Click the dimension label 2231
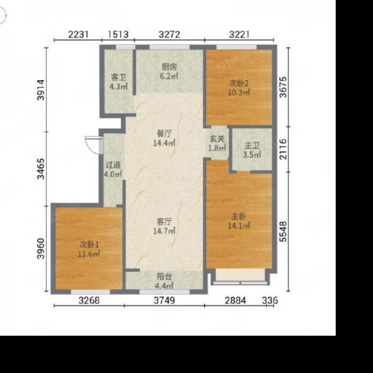[x=78, y=34]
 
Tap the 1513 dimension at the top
[x=118, y=34]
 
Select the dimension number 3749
[x=164, y=300]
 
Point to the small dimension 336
[x=270, y=300]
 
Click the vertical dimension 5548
[x=283, y=231]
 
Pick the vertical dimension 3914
[x=40, y=90]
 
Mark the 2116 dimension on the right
[x=283, y=149]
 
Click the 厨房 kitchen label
[x=169, y=67]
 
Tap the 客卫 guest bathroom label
[x=118, y=77]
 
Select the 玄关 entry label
[x=217, y=139]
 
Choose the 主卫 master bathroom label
[x=252, y=145]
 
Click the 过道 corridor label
[x=113, y=165]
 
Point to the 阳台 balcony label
[x=164, y=277]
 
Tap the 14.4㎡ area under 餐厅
[x=164, y=143]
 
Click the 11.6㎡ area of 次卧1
[x=89, y=254]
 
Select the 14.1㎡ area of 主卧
[x=239, y=226]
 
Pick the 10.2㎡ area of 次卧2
[x=239, y=92]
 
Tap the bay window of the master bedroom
[x=240, y=277]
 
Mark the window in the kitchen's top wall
[x=169, y=47]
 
